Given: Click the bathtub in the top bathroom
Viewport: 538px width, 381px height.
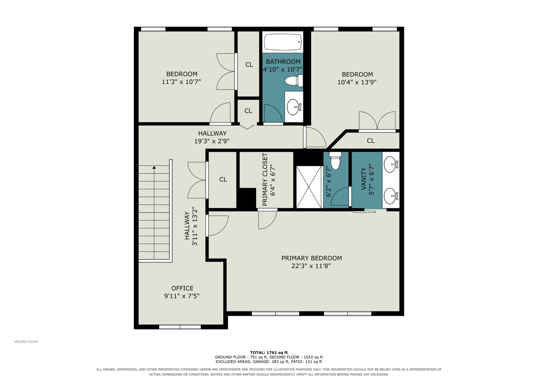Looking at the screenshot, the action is pos(283,42).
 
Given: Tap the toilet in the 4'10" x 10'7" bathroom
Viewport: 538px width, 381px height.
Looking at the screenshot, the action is pos(294,80).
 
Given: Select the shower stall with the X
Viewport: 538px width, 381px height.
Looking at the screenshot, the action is pos(309,187).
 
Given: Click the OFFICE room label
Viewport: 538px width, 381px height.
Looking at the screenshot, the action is pos(182,288).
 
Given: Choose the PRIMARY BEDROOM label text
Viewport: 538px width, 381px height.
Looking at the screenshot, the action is pos(311,258).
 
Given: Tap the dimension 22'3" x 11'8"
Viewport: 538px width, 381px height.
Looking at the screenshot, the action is pos(311,266).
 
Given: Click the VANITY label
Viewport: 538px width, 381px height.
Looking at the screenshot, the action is pos(364,179).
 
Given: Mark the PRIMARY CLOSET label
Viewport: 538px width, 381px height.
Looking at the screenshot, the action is pos(265,180).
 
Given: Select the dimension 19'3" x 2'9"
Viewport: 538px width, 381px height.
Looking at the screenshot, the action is pos(212,141).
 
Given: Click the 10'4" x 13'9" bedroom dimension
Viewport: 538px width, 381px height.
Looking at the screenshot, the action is pos(357,82).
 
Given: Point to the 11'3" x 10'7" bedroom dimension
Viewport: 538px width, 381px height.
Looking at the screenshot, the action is pos(181,82).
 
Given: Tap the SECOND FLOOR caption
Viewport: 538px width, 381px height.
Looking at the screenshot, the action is pos(26,341).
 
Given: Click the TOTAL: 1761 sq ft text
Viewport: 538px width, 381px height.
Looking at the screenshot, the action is pos(269,353).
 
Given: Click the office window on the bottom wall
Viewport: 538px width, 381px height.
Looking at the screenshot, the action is pos(180,327).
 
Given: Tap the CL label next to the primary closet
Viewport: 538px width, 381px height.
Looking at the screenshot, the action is pos(223,180).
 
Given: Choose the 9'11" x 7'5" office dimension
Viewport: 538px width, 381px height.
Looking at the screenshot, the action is pos(182,296).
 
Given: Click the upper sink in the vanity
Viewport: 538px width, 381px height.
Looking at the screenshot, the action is pos(391,164).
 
